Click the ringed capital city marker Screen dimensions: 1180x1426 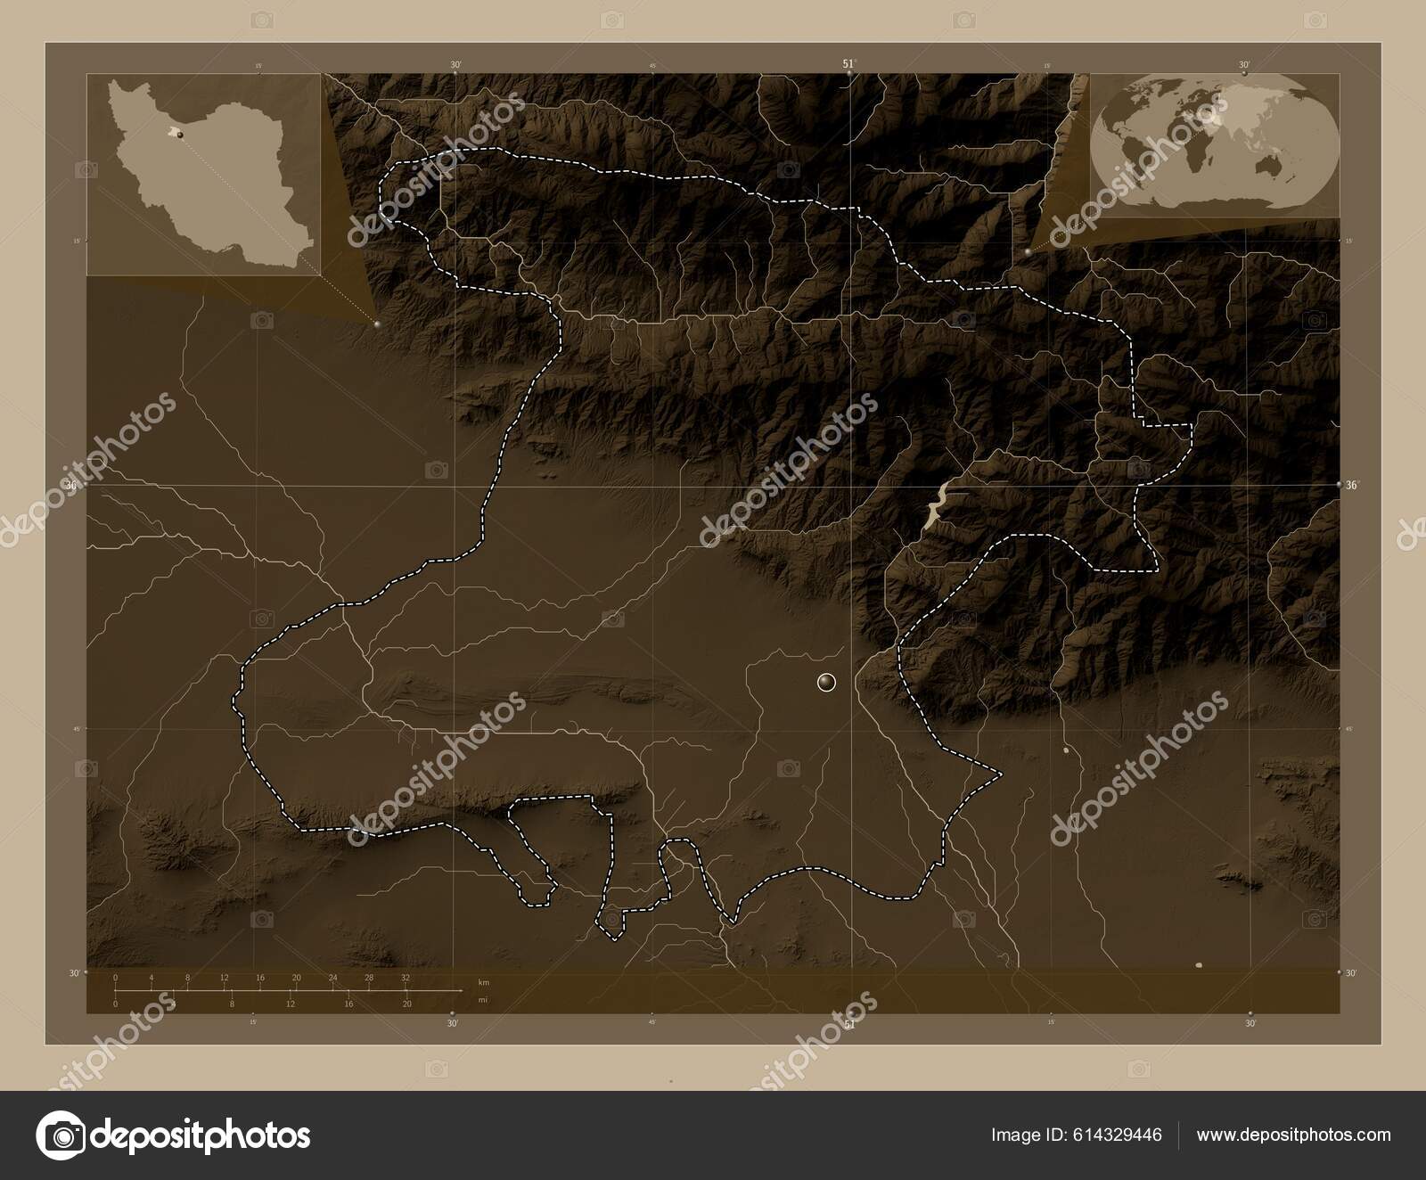826,683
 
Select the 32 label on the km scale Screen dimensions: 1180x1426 406,979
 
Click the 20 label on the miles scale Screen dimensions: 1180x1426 406,1004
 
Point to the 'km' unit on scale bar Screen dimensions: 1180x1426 483,982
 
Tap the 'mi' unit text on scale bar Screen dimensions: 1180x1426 483,1000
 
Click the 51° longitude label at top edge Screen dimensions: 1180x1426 848,64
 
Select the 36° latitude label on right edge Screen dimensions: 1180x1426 1352,486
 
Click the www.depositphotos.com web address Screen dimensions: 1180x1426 1293,1135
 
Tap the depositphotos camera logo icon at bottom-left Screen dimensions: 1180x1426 60,1135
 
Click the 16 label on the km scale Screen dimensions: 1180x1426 260,979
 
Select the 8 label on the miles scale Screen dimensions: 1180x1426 232,1004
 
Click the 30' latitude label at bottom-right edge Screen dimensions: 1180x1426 1352,973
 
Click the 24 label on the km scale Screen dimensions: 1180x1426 332,979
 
